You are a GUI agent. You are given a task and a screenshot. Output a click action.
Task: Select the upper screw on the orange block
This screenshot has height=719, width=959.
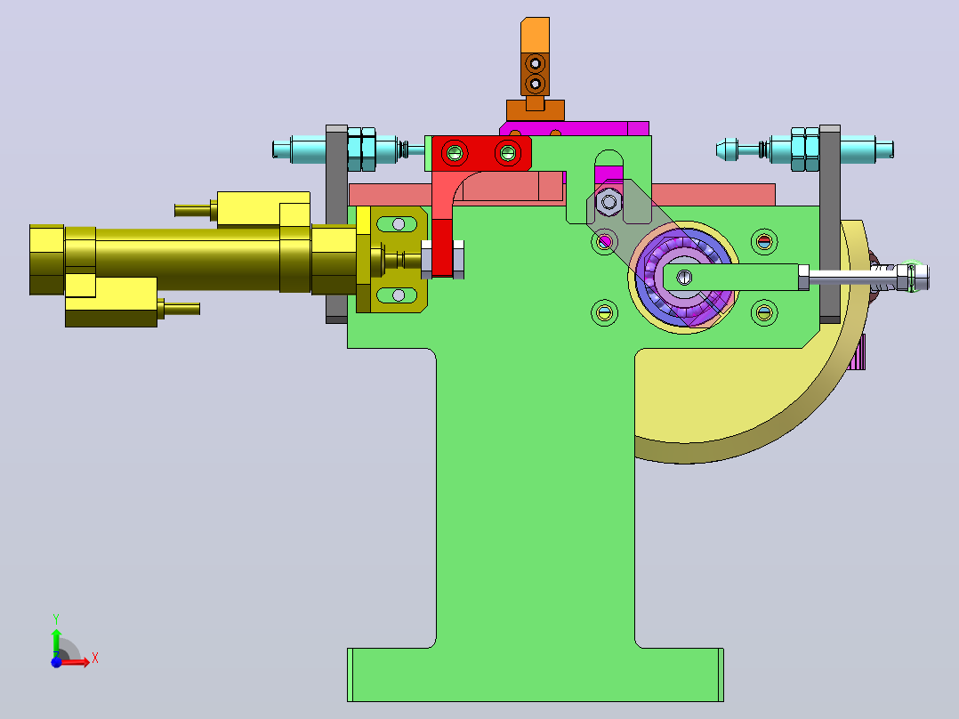coord(536,63)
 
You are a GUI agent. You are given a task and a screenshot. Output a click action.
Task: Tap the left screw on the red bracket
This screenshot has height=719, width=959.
coord(455,152)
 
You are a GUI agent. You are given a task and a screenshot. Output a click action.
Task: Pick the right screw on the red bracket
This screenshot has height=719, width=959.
coord(508,152)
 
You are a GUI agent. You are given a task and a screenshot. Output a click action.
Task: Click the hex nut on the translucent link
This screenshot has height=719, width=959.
coord(608,201)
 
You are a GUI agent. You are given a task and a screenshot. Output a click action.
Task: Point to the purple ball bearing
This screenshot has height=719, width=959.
coord(684,279)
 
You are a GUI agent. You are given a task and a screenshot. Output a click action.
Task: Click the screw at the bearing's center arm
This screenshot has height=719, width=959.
coord(685,278)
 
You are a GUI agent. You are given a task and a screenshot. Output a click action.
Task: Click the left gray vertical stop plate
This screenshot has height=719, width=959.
coord(336,224)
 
